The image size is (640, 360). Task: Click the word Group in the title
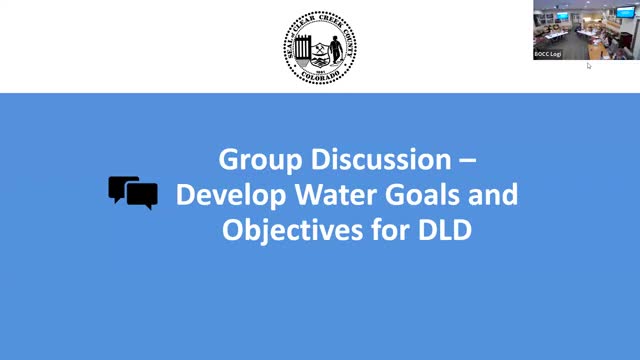click(252, 159)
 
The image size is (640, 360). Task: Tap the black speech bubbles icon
click(133, 192)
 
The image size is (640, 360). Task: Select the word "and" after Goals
click(494, 195)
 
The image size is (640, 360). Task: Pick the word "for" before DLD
click(392, 230)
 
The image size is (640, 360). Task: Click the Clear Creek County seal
click(320, 46)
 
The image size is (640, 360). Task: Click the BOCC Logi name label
click(549, 54)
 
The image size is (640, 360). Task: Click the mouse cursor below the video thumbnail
click(588, 65)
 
